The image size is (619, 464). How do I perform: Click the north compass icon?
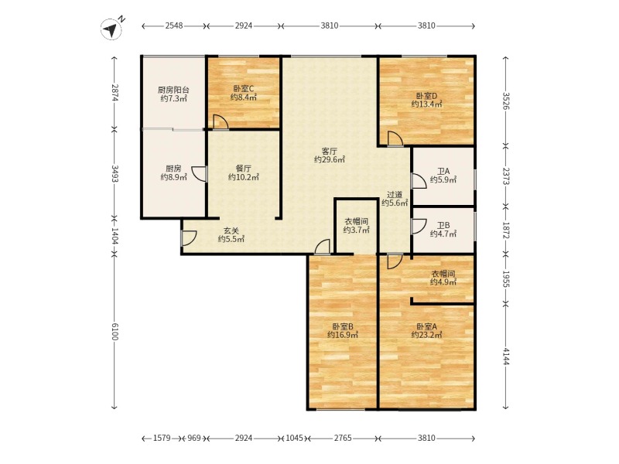tap(111, 29)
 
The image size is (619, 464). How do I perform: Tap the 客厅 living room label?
tap(330, 151)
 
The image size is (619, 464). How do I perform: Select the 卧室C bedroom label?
tap(244, 89)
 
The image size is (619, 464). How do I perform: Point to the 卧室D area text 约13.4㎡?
tap(426, 104)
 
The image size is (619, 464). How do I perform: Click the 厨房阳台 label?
tap(173, 90)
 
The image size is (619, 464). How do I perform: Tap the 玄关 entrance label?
tap(231, 230)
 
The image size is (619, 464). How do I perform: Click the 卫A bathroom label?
tap(443, 171)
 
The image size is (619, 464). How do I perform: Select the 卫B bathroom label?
tap(443, 225)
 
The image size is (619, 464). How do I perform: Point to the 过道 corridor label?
tap(395, 195)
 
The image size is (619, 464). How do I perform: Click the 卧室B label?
tap(343, 326)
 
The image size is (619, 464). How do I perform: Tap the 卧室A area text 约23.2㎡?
tap(426, 335)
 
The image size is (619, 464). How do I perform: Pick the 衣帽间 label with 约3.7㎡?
tap(356, 221)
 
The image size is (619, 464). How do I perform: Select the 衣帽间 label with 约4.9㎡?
tap(443, 274)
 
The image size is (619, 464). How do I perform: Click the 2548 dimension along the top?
tap(174, 26)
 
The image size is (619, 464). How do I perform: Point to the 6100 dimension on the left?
tap(114, 332)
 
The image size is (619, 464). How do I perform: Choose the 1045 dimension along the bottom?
tap(295, 438)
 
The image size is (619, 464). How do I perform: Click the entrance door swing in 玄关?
tap(189, 237)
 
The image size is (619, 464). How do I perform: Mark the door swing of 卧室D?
tap(395, 139)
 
